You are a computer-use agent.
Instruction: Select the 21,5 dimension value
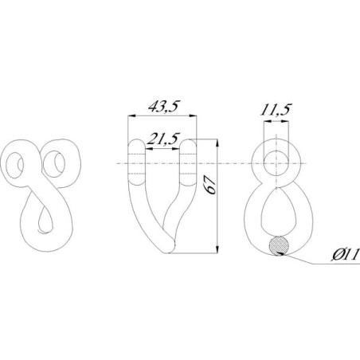pos(163,139)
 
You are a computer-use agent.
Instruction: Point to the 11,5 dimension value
pos(276,109)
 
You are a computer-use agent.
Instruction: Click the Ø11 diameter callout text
pos(346,255)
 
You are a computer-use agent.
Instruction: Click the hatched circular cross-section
pos(279,246)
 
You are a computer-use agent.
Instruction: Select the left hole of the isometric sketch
pos(14,165)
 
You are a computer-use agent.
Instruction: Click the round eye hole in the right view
pos(276,163)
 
